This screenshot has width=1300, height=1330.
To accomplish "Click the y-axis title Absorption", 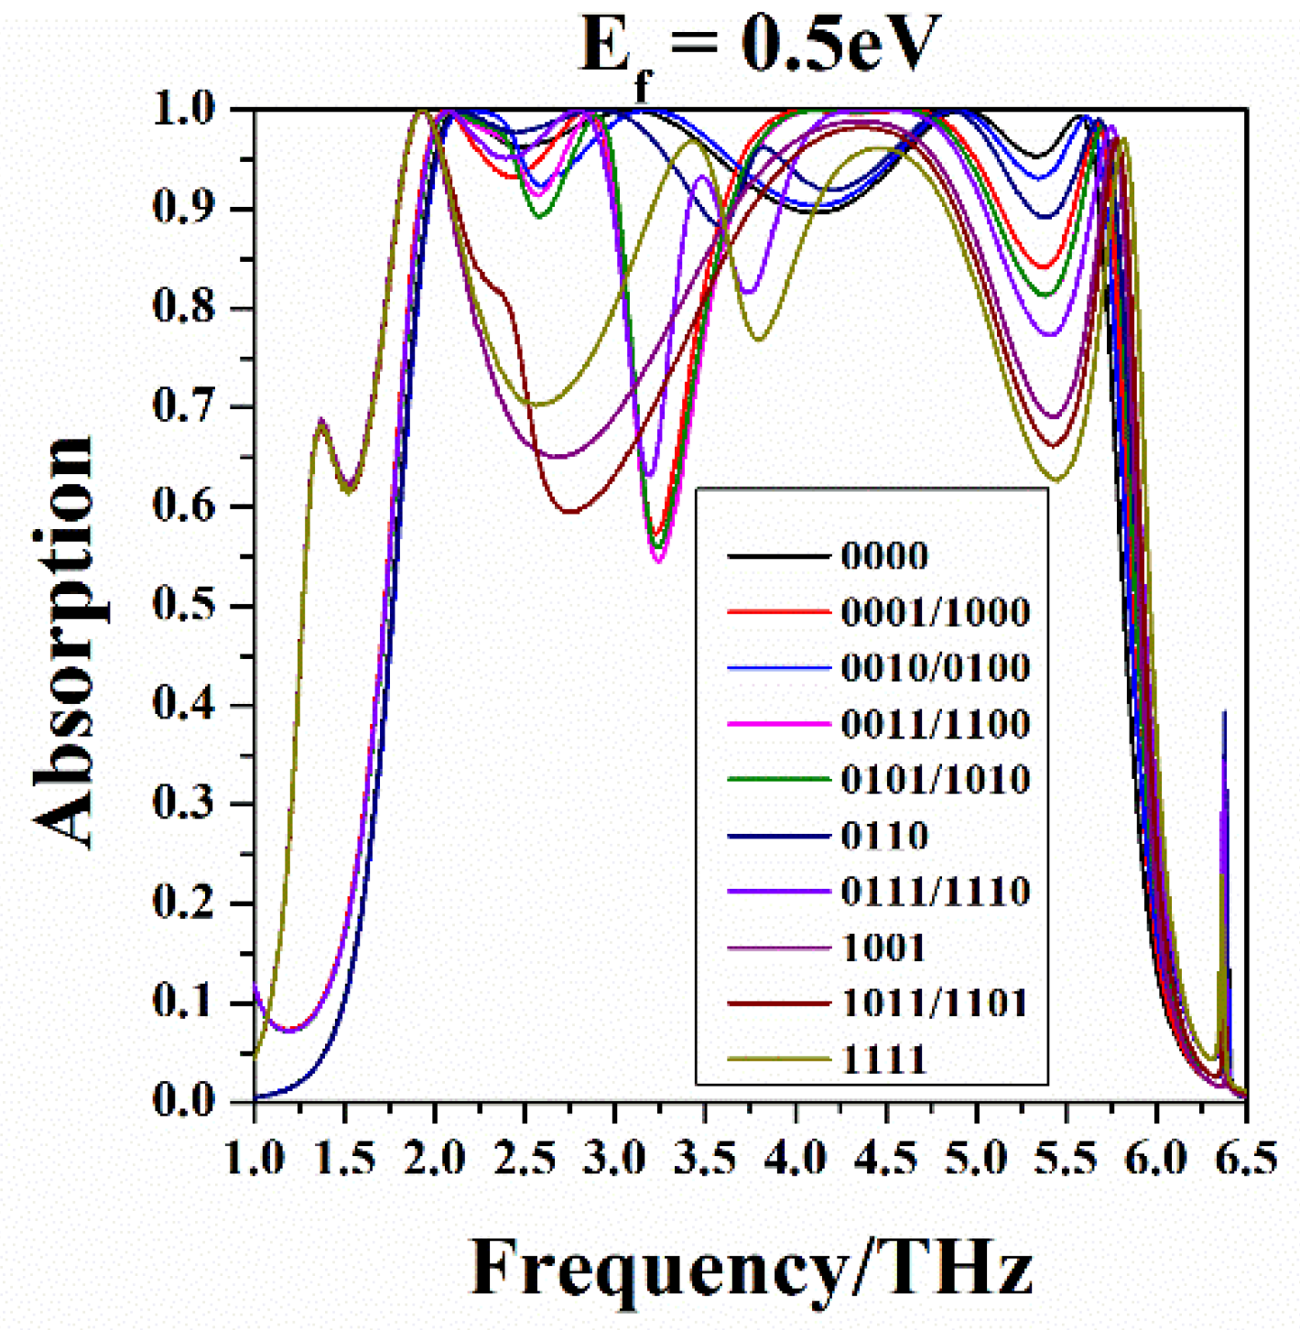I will click(x=64, y=641).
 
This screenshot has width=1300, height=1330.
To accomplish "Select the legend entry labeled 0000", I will click(x=883, y=556).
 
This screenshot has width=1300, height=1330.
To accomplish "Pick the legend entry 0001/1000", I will click(x=935, y=611).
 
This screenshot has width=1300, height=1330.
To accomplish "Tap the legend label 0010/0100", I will click(x=935, y=667).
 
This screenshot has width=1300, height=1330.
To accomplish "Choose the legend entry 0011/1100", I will click(x=935, y=724).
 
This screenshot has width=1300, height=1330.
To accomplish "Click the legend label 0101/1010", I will click(x=935, y=780).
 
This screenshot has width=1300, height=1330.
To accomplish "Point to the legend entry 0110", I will click(x=883, y=836).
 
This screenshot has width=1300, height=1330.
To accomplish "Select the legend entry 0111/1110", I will click(x=935, y=892).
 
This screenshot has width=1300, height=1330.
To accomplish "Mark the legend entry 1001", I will click(x=883, y=947).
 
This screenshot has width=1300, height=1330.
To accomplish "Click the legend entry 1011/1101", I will click(x=935, y=1003).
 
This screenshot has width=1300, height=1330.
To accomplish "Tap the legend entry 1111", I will click(x=883, y=1060).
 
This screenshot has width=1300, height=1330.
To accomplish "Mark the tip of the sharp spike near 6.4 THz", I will click(x=1224, y=711).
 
